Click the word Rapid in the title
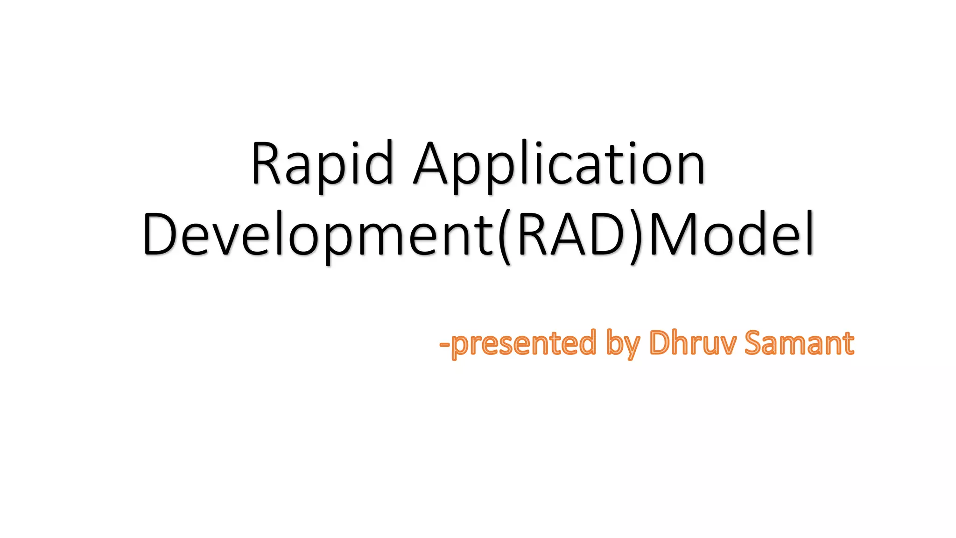click(322, 163)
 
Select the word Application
click(559, 163)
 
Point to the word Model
click(731, 234)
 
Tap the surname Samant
click(799, 343)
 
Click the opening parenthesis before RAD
click(505, 236)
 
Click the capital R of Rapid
click(267, 163)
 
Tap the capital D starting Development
click(159, 234)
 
